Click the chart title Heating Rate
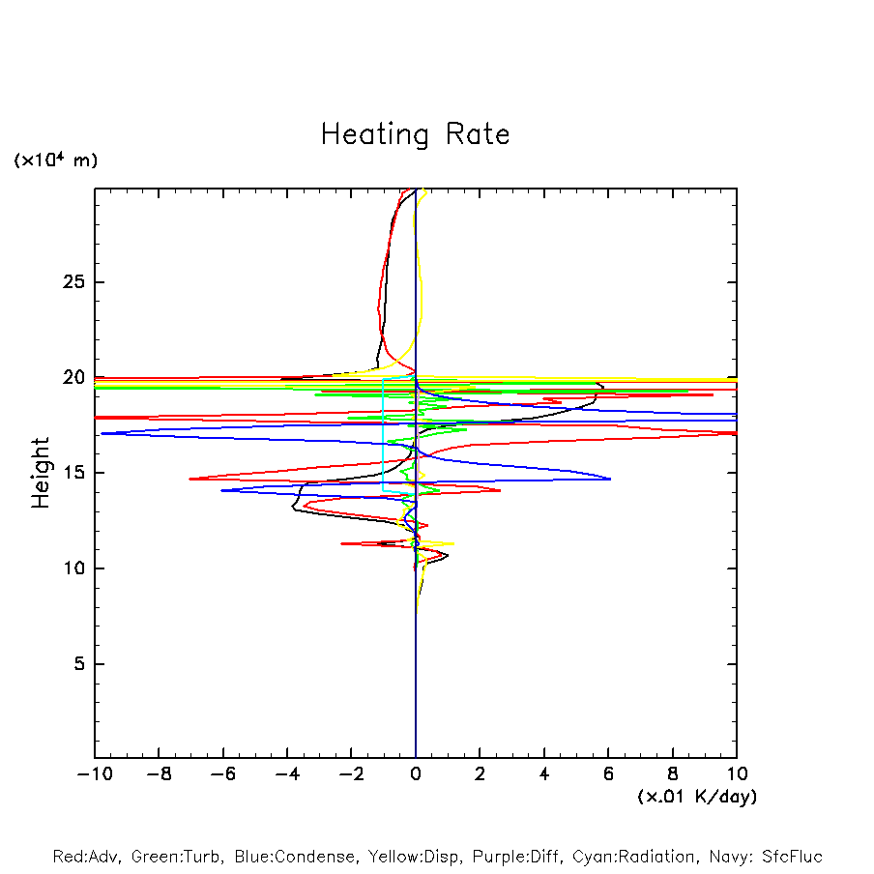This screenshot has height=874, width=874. [x=415, y=134]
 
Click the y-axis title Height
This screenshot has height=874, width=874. [x=41, y=473]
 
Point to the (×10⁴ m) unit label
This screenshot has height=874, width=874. [x=55, y=160]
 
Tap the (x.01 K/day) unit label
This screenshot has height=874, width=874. [x=697, y=797]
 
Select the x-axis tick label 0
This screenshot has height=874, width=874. [x=416, y=774]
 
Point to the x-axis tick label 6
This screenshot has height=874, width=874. [x=608, y=774]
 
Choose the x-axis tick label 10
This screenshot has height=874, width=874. [x=737, y=774]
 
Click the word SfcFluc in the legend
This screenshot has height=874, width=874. [x=791, y=857]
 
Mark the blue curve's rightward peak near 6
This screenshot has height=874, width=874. [x=610, y=479]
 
